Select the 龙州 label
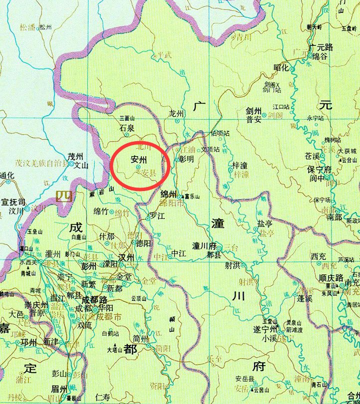click(177, 113)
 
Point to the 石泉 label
click(127, 128)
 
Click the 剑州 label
click(254, 111)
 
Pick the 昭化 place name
click(281, 67)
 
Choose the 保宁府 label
click(321, 170)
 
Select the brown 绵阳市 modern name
click(169, 203)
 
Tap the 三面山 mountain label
click(128, 119)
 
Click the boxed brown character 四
click(63, 195)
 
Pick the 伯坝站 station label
click(220, 134)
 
